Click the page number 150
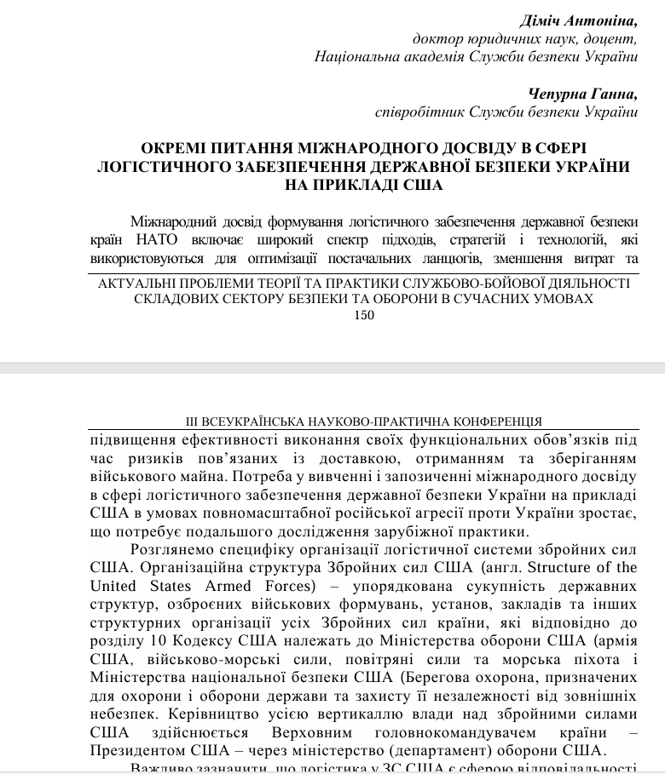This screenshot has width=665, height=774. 363,315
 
